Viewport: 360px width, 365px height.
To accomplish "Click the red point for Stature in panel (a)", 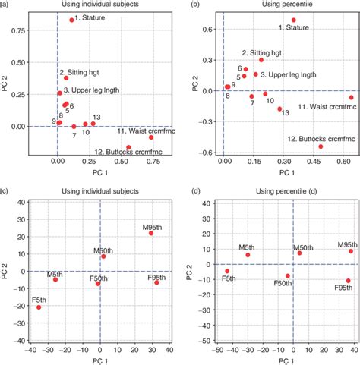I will point(72,20).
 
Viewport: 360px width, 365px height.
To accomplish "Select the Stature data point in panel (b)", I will point(294,20).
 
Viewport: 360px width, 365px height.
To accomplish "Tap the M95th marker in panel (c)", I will point(151,233).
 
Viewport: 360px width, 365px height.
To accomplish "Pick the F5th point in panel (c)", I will point(39,307).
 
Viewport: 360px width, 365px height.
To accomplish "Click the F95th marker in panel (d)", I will point(349,281).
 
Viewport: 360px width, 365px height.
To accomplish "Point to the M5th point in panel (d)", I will point(248,255).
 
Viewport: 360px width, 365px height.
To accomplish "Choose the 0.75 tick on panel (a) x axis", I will point(152,162).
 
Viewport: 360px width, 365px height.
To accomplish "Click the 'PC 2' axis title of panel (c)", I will point(7,263).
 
